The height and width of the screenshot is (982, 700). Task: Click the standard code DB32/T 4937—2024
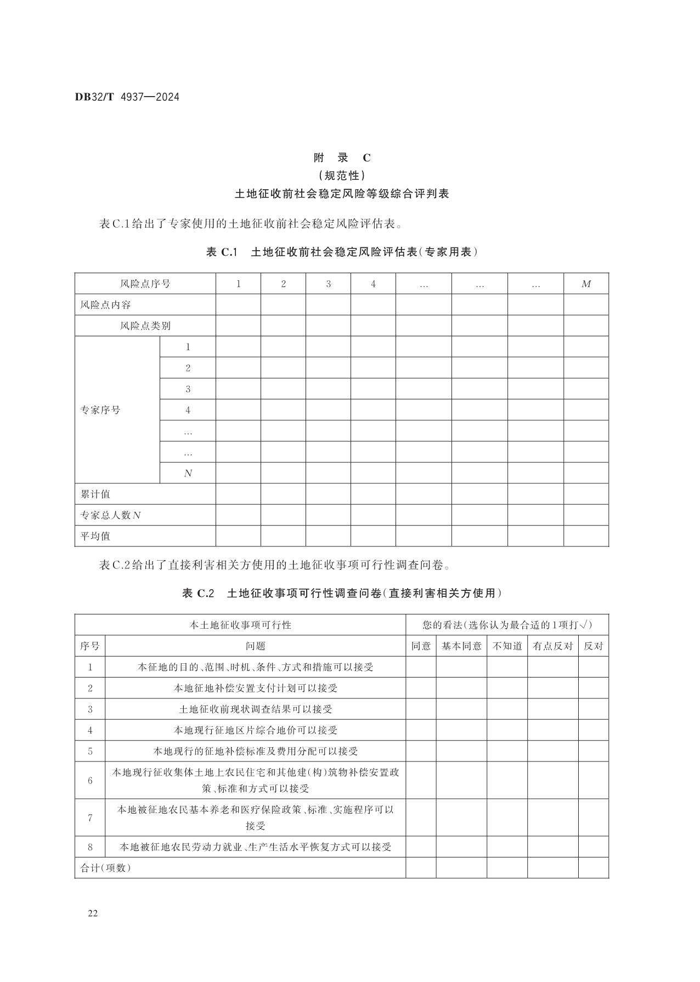click(127, 97)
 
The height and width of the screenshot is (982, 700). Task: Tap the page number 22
click(92, 913)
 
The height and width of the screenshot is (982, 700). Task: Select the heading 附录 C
click(342, 158)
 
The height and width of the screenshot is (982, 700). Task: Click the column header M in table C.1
click(586, 284)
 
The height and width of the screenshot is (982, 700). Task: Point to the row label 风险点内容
click(106, 304)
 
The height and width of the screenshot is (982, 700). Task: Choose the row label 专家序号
click(100, 410)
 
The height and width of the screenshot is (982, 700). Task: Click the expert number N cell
click(188, 473)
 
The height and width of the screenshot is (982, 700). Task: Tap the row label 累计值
click(95, 494)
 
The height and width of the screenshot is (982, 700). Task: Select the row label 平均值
click(95, 536)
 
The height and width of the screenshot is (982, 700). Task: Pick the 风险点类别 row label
click(145, 325)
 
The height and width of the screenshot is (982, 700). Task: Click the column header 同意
click(421, 646)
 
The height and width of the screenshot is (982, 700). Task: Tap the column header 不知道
click(507, 646)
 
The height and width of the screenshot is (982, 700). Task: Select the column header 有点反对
click(552, 646)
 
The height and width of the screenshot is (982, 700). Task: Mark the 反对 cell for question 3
click(593, 709)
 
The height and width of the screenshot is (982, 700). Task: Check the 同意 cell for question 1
click(421, 667)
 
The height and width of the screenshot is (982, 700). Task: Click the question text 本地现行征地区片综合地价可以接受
click(255, 730)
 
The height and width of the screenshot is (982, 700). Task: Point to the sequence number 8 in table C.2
click(90, 846)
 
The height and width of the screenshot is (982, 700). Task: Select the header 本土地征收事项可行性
click(240, 625)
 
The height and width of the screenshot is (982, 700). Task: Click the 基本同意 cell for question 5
click(461, 751)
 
